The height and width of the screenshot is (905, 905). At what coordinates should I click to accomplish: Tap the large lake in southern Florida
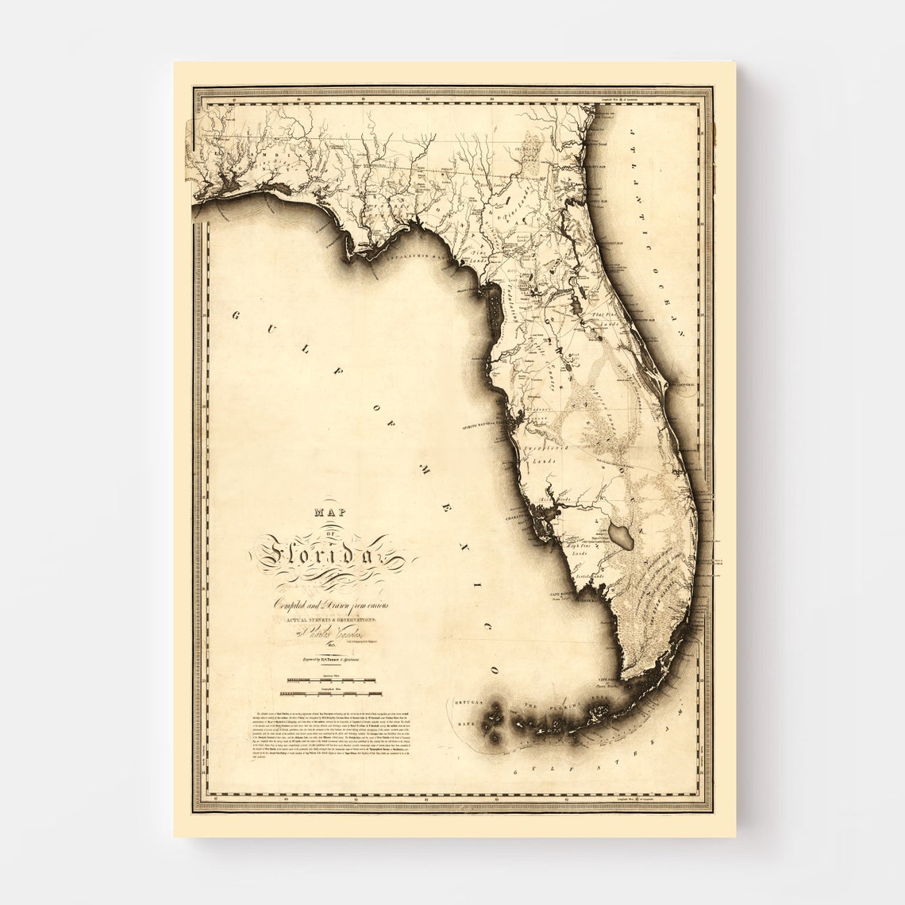(623, 537)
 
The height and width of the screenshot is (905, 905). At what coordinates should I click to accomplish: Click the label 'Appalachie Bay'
(411, 256)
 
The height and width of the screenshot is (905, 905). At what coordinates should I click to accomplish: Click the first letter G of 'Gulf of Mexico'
(237, 316)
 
